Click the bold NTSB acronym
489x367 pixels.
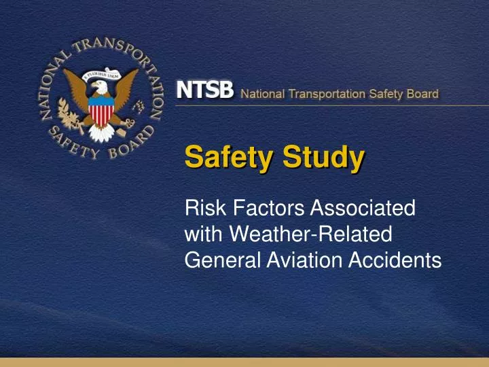pos(205,92)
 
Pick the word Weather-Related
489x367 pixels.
pos(311,234)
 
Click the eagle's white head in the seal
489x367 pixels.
pos(100,88)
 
